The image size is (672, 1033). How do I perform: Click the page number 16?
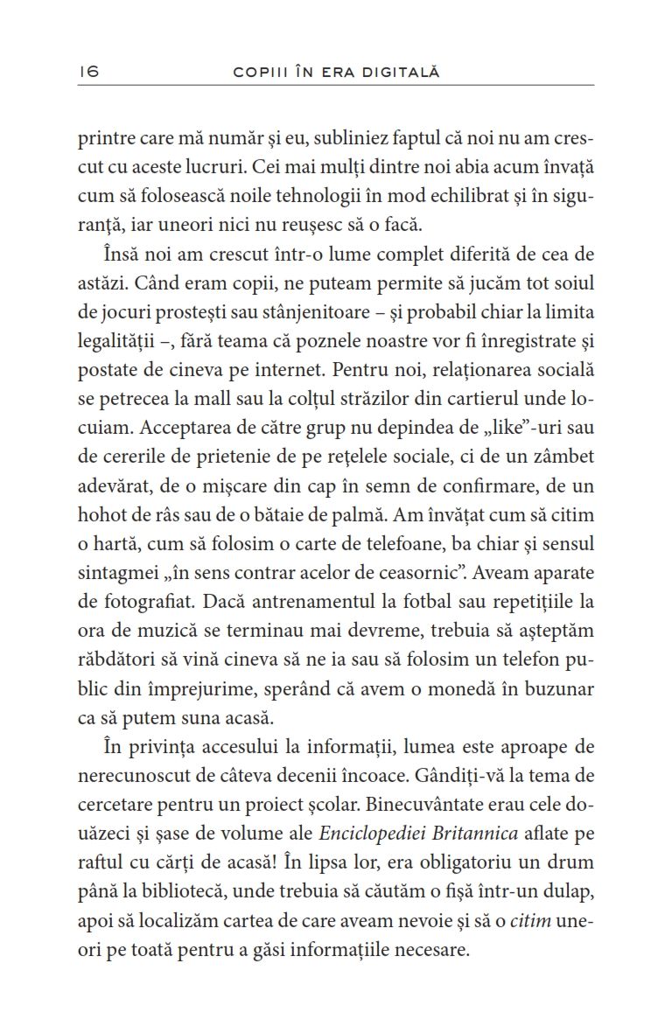[88, 72]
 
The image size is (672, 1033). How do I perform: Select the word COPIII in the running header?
[258, 72]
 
